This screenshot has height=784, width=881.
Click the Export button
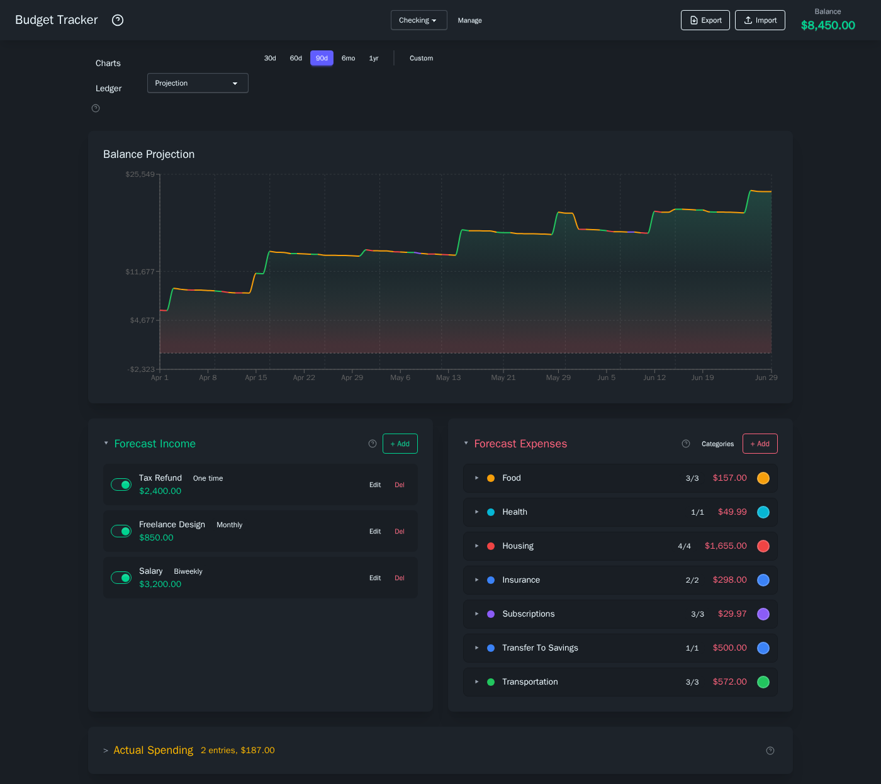[705, 20]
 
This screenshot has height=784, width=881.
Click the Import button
[760, 20]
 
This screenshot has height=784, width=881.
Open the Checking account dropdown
[418, 20]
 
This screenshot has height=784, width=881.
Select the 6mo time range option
[348, 59]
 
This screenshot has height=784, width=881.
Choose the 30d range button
[270, 59]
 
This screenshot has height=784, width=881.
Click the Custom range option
[421, 59]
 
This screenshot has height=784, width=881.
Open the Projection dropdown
[198, 83]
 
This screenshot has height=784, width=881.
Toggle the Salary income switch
[121, 578]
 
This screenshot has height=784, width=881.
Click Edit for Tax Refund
[375, 485]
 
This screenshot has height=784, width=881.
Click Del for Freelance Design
[400, 532]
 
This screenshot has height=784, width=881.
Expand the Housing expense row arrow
[477, 546]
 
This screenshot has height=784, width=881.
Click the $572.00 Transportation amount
[729, 682]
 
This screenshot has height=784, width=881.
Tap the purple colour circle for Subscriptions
[763, 614]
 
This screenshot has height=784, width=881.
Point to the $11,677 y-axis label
[140, 272]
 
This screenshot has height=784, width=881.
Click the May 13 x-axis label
[448, 378]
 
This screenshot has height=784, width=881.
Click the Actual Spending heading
[153, 750]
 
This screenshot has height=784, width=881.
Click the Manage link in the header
[469, 21]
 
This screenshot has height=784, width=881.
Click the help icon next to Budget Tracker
[118, 20]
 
